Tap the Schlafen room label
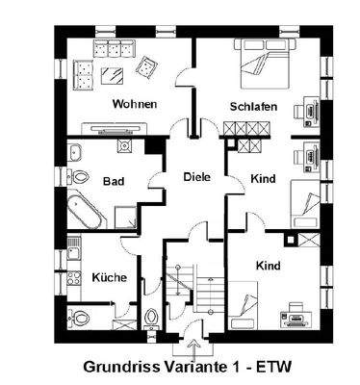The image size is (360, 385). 254,106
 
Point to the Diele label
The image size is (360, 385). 197,176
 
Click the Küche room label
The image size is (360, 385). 109,277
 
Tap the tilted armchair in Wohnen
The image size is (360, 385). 148,66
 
